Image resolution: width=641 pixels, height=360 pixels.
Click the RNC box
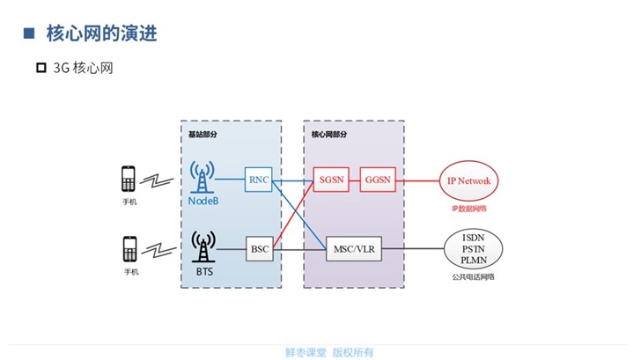point(259,180)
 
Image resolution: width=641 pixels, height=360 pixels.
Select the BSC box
point(259,249)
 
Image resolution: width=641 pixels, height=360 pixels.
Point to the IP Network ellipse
point(469,181)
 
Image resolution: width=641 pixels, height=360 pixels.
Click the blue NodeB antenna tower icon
point(203,178)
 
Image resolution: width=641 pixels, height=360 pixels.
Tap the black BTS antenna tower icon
point(203,246)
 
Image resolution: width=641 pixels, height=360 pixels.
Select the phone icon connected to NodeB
point(129,180)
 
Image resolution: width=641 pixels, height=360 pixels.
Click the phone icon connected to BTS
point(129,248)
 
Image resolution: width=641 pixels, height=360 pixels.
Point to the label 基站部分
point(203,136)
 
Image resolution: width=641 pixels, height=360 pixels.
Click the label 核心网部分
point(329,136)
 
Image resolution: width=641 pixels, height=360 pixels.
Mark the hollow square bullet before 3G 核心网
point(41,68)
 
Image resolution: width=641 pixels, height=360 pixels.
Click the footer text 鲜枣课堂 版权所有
point(329,352)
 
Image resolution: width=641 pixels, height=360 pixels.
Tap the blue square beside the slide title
point(28,34)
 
